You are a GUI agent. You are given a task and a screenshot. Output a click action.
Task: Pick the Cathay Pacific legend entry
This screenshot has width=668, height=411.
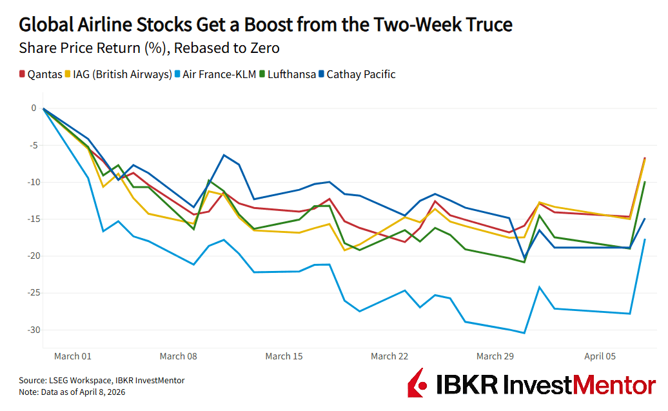360,74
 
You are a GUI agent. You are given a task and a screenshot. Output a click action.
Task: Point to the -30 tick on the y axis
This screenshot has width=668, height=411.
30,330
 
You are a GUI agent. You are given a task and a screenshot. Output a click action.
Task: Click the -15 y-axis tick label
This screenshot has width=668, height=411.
30,219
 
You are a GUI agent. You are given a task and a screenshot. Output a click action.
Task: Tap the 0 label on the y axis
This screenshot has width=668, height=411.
34,108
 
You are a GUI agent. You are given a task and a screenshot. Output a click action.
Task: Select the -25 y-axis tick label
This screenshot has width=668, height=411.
30,293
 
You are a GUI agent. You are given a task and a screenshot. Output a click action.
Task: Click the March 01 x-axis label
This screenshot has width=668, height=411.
72,356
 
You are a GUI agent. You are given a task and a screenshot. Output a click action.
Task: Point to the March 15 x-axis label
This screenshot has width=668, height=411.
284,356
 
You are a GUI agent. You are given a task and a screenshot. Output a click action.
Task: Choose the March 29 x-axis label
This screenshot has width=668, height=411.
495,356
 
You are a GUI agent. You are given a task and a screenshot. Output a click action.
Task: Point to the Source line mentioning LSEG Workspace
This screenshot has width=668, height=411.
102,381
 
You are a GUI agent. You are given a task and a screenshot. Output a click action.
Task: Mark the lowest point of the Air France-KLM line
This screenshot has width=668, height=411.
524,333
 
